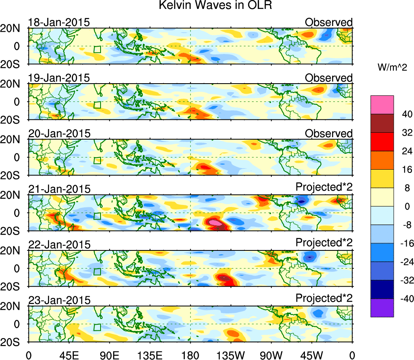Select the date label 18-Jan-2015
[59, 22]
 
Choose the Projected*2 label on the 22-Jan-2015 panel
[324, 242]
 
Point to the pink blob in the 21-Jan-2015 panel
[216, 222]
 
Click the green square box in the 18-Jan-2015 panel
[97, 50]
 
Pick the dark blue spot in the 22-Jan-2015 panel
[310, 257]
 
